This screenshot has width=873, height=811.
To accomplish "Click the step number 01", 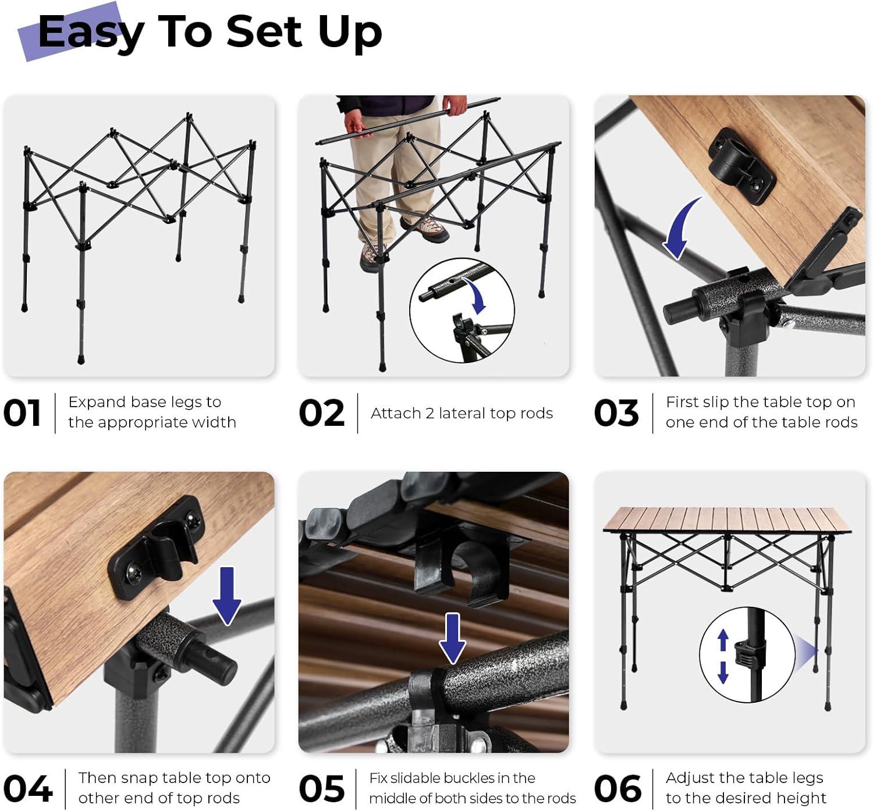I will [22, 413].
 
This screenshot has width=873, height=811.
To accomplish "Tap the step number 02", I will [321, 413].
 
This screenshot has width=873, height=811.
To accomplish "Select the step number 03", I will [616, 413].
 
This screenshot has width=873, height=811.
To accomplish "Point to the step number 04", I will [27, 789].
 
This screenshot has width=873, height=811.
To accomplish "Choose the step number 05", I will [321, 789].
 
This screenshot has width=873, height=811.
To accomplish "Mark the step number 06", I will [618, 789].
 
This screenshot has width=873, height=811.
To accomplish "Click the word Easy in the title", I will [90, 32].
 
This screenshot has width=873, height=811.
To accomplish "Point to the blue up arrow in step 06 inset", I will [723, 641].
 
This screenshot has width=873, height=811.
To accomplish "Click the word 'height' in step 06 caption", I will [801, 798].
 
